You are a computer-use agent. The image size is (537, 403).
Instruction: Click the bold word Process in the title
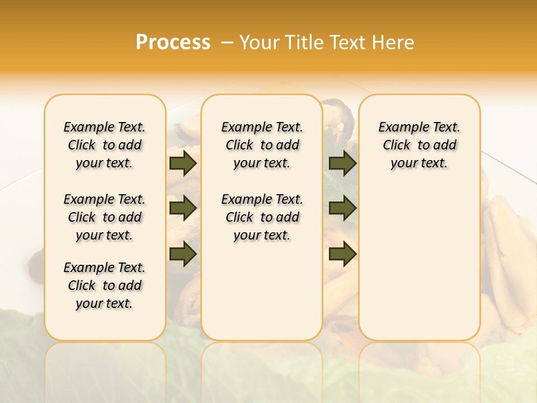(x=173, y=42)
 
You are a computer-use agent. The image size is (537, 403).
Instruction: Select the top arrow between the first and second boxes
(x=183, y=163)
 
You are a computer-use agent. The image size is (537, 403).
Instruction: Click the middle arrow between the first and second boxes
(x=183, y=209)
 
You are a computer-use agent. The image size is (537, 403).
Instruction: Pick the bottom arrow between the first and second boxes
(x=183, y=254)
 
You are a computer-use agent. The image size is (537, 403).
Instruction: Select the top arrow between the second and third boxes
(x=343, y=163)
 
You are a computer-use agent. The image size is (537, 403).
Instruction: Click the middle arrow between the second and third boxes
(x=343, y=209)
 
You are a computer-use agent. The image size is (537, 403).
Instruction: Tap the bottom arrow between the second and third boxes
(x=343, y=254)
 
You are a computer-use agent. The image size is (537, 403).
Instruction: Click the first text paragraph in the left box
(x=105, y=145)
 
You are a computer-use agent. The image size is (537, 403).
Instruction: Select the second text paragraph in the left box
(x=105, y=217)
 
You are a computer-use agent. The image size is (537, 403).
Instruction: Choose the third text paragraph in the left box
(x=105, y=285)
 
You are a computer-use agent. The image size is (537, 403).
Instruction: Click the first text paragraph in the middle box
(x=262, y=145)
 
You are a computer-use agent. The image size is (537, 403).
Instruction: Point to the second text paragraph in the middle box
(x=262, y=217)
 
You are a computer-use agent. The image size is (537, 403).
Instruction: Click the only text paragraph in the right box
(x=419, y=145)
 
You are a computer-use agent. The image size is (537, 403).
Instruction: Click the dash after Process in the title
(x=227, y=42)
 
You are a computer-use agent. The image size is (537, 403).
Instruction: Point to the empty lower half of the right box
(x=419, y=269)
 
